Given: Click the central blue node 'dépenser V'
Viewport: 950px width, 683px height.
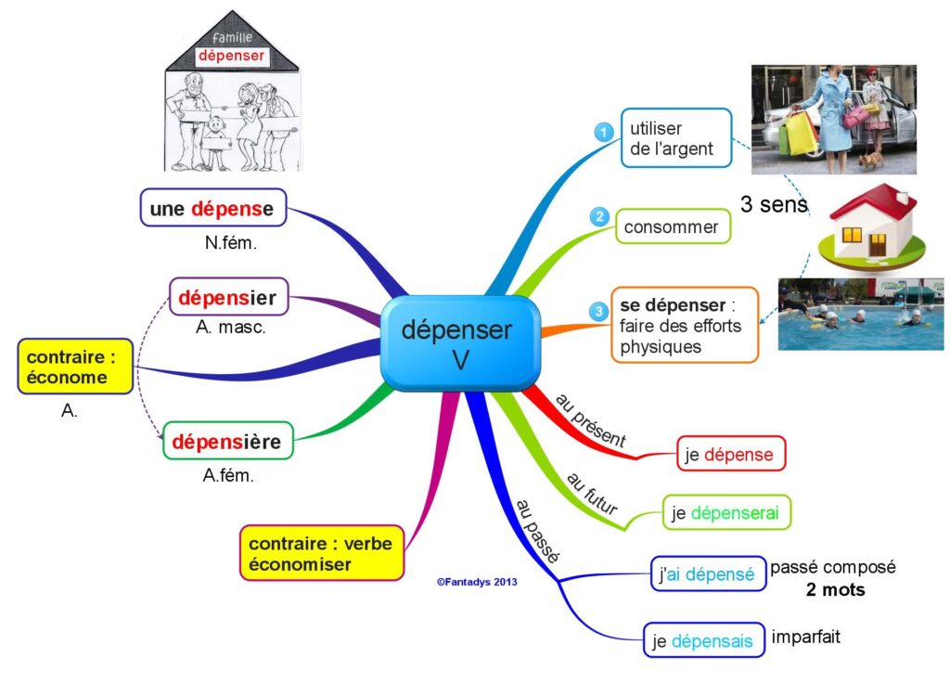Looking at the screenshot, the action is tap(460, 343).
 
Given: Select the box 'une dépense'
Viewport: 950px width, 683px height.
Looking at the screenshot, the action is tap(212, 208).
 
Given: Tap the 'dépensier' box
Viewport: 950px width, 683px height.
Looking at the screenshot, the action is tap(228, 297).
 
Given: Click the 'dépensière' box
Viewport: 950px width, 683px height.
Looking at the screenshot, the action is tap(228, 441).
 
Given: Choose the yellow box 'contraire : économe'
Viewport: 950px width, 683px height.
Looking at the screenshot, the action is tap(75, 367).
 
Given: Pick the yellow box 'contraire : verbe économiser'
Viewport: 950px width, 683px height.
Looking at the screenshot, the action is tap(322, 553).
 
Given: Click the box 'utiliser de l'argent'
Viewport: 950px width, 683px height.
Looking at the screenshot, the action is tap(676, 138).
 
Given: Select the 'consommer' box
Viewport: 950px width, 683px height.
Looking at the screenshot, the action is tap(674, 226).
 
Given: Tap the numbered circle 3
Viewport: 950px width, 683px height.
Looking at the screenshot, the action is tap(598, 312).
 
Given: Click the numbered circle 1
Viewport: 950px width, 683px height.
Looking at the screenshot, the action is tap(603, 132).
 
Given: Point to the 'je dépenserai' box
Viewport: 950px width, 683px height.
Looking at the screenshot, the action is tap(726, 512).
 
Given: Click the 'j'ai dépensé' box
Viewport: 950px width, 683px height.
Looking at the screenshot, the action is tap(708, 573).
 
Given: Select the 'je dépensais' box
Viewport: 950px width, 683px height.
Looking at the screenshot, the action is tap(704, 640).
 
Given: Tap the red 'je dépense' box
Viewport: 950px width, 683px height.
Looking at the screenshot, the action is tap(731, 453).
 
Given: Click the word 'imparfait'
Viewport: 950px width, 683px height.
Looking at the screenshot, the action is tap(806, 637).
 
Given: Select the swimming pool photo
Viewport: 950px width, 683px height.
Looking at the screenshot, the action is tap(861, 314).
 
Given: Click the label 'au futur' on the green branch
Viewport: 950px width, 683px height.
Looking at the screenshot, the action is tap(592, 494).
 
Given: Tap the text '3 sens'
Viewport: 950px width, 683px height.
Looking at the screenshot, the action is tap(775, 204).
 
